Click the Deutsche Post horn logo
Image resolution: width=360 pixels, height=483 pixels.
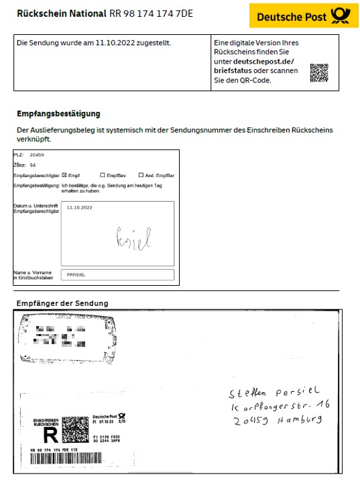tap(339, 15)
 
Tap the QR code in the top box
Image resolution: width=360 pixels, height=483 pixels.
tap(319, 72)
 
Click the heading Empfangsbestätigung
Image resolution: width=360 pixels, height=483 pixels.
tap(58, 114)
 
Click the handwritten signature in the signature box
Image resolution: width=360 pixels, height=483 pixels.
tap(133, 237)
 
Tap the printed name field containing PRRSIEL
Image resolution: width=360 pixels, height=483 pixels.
tap(117, 274)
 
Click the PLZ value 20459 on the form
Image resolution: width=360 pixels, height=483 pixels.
tap(38, 154)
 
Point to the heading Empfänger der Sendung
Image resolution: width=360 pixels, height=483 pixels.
tap(62, 303)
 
